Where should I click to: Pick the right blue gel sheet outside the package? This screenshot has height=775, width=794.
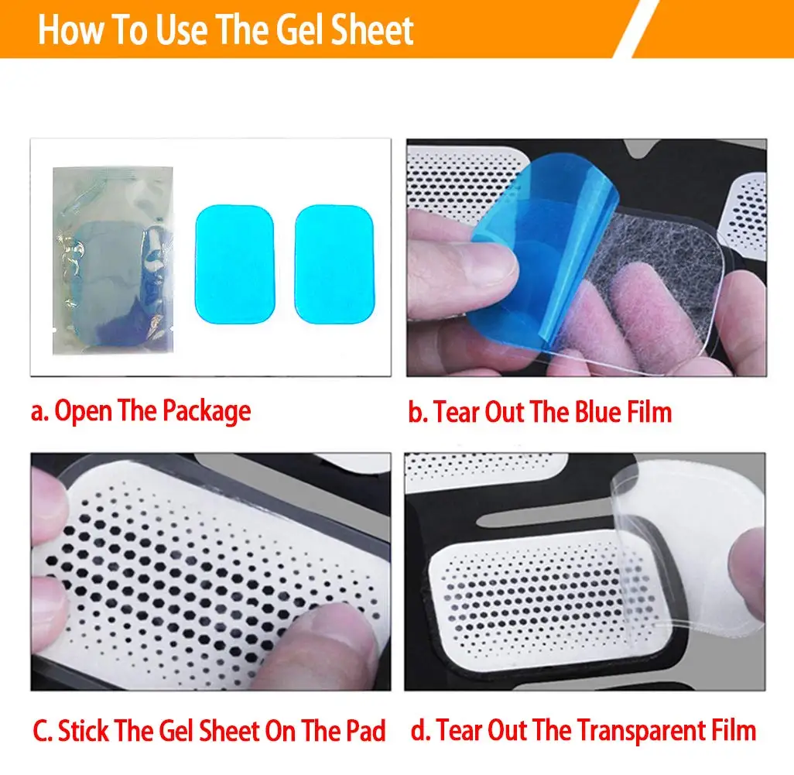pyautogui.click(x=334, y=263)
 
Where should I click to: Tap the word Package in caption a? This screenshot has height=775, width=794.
pyautogui.click(x=206, y=412)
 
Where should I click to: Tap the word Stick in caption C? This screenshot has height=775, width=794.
pyautogui.click(x=83, y=730)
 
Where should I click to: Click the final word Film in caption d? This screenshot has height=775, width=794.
pyautogui.click(x=731, y=730)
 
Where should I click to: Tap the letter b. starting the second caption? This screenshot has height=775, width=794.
pyautogui.click(x=418, y=412)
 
